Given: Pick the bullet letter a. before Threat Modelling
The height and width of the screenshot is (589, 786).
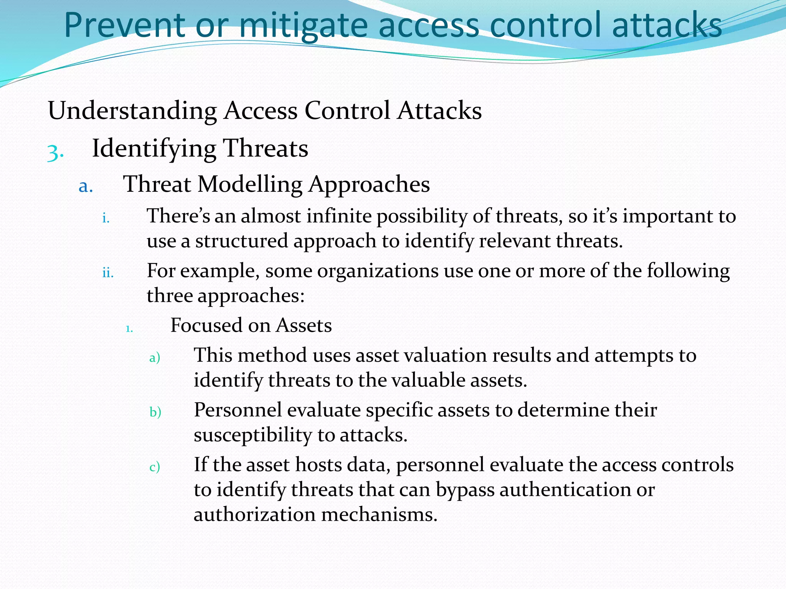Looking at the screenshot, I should pyautogui.click(x=86, y=186).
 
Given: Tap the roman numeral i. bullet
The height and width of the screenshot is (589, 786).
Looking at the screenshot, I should pyautogui.click(x=106, y=218).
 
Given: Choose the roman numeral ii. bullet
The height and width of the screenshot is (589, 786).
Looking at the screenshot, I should pyautogui.click(x=108, y=273).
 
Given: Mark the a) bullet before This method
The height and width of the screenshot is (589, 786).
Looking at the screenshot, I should pyautogui.click(x=154, y=358).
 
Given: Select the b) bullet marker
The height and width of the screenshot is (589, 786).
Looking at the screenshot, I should pyautogui.click(x=155, y=412).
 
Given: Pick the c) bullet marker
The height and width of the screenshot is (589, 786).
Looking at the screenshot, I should pyautogui.click(x=154, y=467).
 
